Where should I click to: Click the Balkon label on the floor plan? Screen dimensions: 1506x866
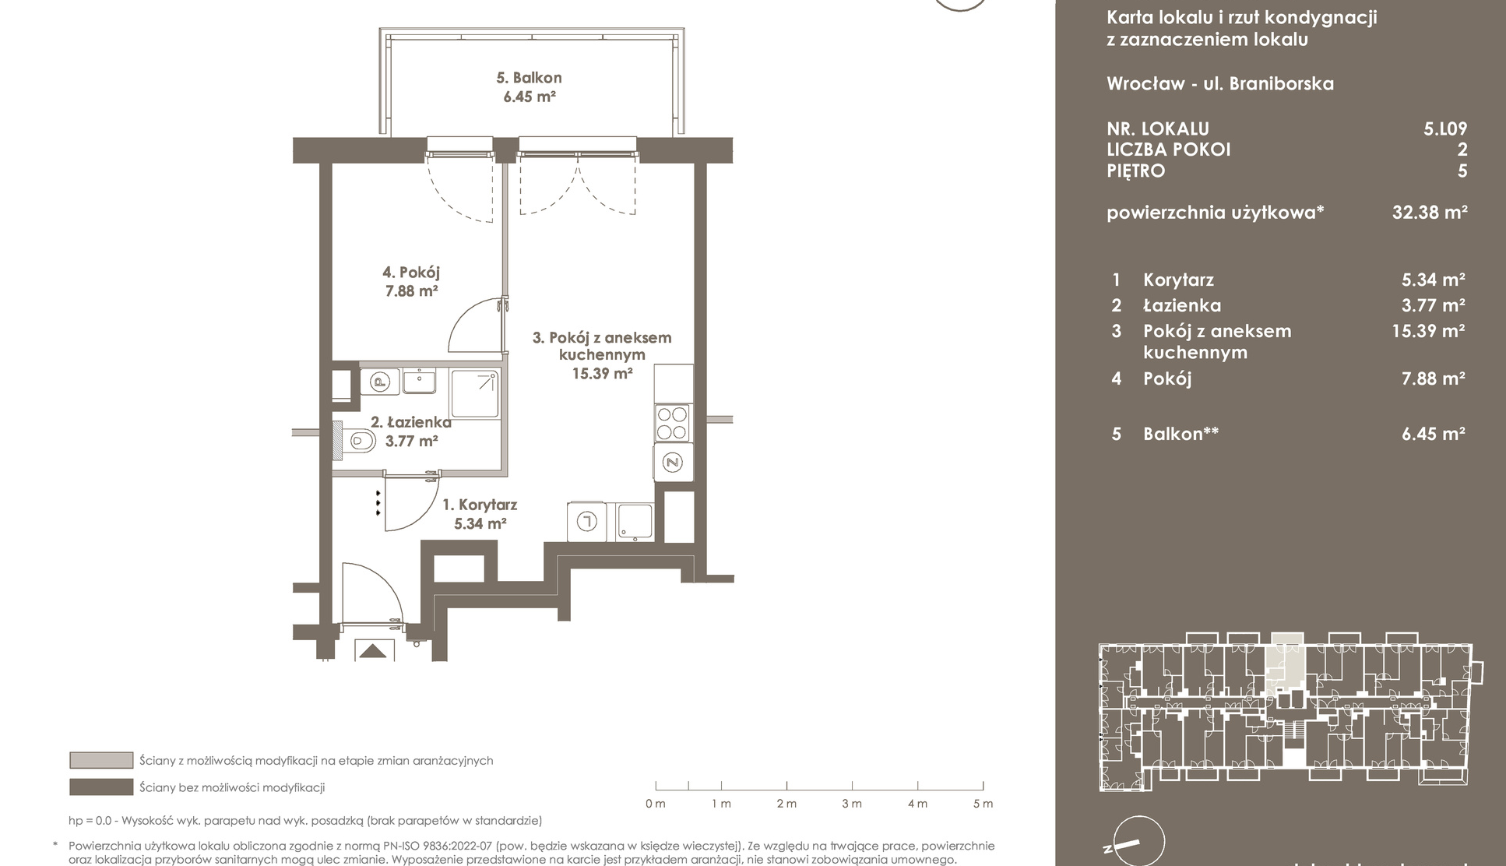tap(529, 78)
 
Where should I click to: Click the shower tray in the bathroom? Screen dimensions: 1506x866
tap(475, 394)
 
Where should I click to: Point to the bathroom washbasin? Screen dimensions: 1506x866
tap(420, 381)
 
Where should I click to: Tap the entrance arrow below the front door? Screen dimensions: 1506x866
tap(374, 651)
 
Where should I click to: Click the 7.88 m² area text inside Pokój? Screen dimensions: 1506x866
tap(411, 291)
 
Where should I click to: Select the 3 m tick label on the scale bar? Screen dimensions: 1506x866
tap(851, 804)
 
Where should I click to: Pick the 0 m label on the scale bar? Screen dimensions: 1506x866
tap(655, 804)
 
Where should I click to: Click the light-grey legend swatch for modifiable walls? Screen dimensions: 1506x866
tap(101, 760)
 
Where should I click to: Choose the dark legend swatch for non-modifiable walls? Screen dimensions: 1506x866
tap(101, 787)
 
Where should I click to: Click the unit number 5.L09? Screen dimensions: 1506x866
tap(1445, 128)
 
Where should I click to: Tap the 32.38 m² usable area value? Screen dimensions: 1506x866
tap(1430, 212)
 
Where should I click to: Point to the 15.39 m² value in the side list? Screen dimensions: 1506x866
tap(1428, 330)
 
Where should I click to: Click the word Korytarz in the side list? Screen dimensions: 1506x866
tap(1178, 280)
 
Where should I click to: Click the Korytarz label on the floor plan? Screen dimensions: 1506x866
tap(480, 505)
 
